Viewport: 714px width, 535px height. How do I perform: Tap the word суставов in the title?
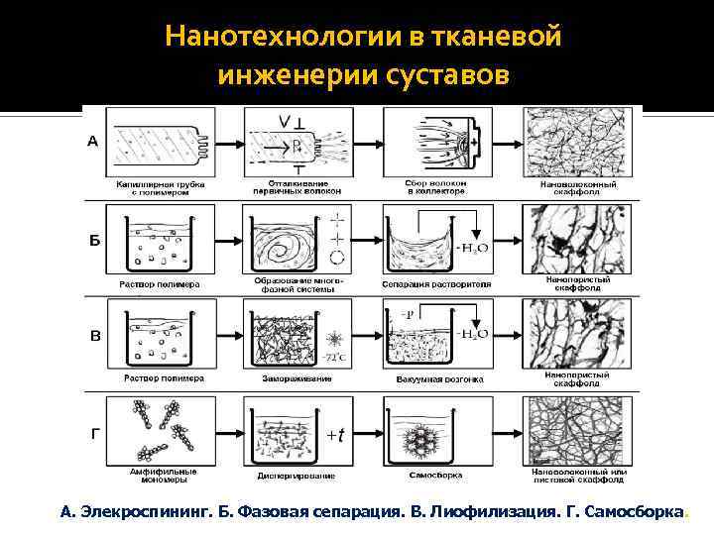click(x=460, y=75)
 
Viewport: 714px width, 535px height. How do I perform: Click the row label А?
click(x=94, y=142)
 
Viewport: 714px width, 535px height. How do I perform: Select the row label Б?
click(x=95, y=242)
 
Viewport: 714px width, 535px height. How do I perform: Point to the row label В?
click(x=95, y=336)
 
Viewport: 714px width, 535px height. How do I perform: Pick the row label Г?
click(x=94, y=433)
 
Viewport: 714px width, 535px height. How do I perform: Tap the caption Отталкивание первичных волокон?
click(x=293, y=186)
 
